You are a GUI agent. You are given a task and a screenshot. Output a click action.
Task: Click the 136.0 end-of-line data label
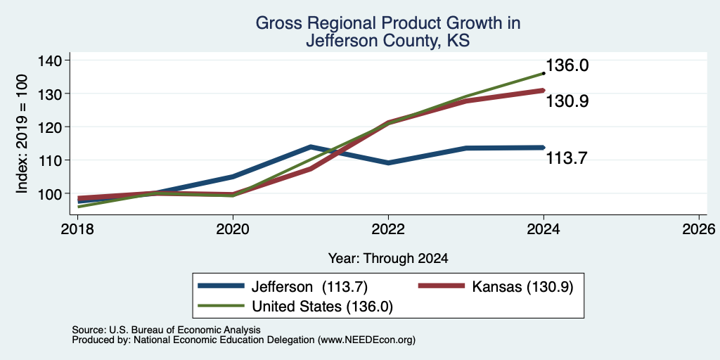[567, 65]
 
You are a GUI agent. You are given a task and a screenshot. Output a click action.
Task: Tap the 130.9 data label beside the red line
[567, 101]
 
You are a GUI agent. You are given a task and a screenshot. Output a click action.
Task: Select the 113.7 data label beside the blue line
[566, 158]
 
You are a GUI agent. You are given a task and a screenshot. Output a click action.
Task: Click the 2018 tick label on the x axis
[78, 229]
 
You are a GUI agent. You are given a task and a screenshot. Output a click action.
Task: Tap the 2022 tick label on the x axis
[388, 229]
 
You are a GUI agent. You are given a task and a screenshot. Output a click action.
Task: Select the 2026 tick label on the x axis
[698, 229]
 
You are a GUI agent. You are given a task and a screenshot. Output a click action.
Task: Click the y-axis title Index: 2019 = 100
[22, 134]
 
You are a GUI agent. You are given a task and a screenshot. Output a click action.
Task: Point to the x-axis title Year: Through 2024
[388, 259]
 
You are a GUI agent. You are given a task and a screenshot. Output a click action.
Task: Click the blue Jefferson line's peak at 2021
[311, 147]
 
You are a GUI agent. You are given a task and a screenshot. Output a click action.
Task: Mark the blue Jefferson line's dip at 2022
[388, 163]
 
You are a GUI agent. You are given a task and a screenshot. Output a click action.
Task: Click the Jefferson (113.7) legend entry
[283, 287]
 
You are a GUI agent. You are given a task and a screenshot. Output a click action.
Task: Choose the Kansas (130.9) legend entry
[496, 287]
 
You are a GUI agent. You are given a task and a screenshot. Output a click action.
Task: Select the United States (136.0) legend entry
[295, 307]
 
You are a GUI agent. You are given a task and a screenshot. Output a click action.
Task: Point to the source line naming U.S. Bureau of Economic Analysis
[166, 330]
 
